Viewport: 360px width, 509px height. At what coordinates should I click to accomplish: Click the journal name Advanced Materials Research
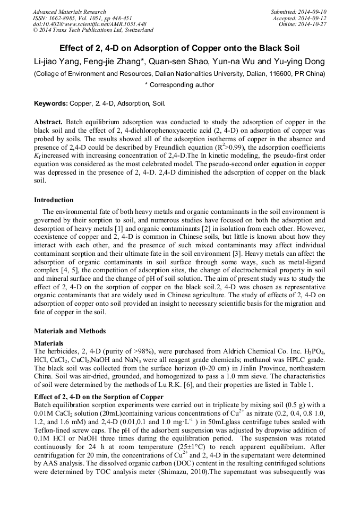pos(69,12)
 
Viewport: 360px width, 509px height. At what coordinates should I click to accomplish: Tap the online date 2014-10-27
pos(313,24)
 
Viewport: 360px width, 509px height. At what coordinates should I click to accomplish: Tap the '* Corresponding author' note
pos(179,85)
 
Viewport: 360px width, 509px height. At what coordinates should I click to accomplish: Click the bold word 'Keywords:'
pos(50,103)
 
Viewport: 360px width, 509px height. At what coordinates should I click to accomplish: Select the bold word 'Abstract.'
pos(48,122)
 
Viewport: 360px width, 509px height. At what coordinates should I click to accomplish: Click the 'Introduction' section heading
pos(54,200)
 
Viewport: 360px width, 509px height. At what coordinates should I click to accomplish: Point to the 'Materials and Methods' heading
pos(70,331)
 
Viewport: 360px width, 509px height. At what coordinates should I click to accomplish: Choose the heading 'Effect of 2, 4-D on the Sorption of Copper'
pos(98,397)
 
